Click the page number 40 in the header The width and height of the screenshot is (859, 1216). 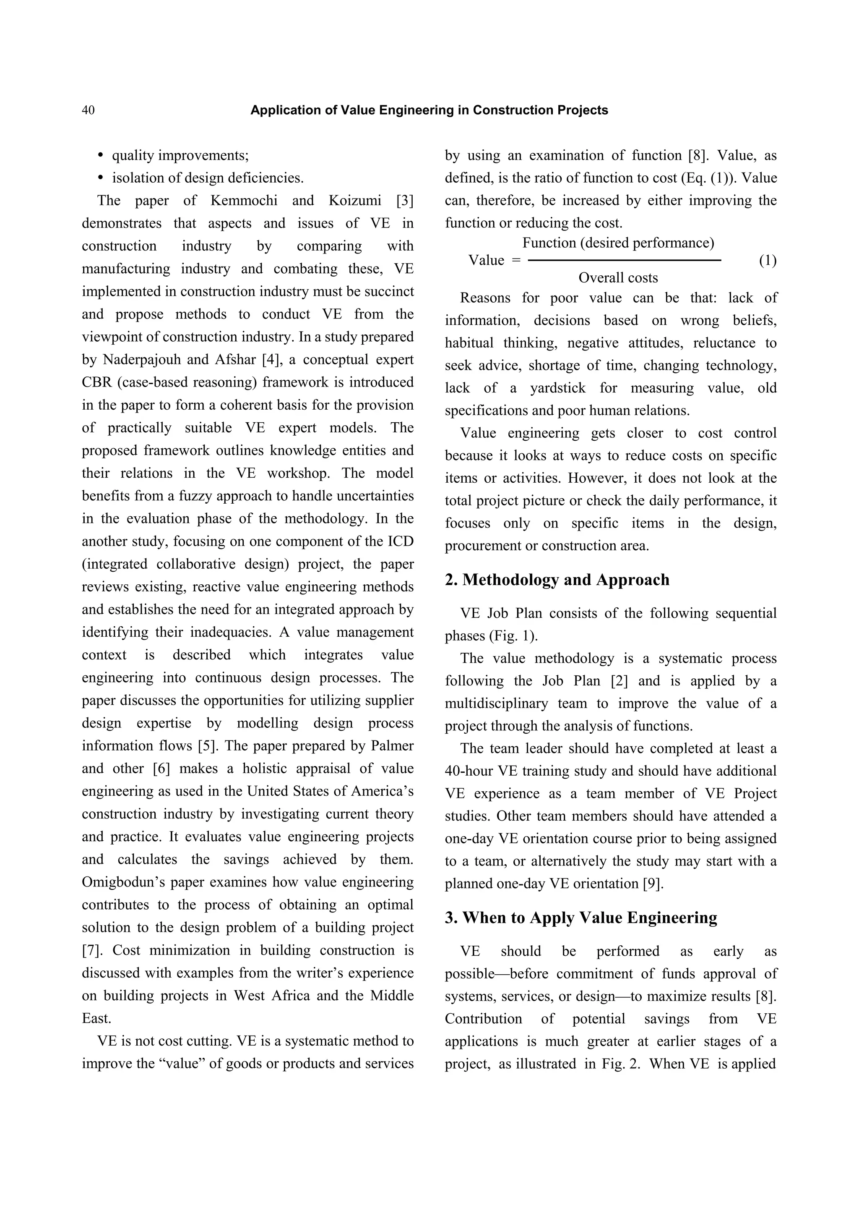coord(89,110)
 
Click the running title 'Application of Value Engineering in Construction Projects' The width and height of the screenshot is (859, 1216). coord(429,110)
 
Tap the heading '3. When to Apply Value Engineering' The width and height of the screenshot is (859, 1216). coord(580,917)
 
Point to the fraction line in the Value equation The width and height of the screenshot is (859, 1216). coord(625,260)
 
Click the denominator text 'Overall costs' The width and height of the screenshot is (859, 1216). coord(618,278)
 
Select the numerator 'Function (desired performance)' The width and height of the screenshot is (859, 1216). coord(618,243)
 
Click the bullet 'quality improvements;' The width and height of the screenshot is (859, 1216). coord(180,156)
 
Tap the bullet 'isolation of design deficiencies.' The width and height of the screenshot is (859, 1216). coord(208,178)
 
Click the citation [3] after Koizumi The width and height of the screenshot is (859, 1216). coord(404,201)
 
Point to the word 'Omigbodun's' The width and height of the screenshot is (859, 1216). coord(120,882)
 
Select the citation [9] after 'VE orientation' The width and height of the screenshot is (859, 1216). coord(652,884)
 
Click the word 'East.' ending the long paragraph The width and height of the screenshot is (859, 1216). coord(96,1018)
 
